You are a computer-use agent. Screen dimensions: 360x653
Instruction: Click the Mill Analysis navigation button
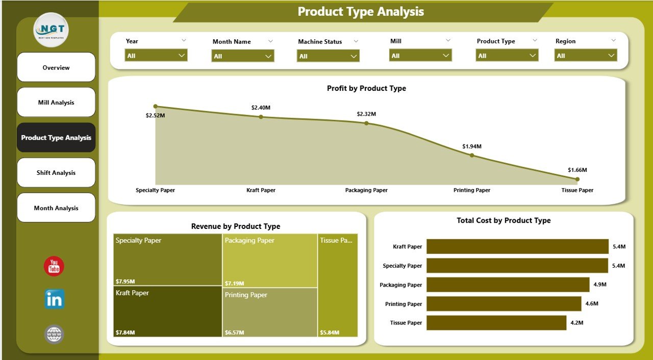[56, 102]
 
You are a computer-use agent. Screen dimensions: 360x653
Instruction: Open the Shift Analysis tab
[56, 173]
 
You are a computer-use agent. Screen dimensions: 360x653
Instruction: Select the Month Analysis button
[56, 208]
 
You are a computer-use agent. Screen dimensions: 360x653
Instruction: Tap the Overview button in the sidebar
[56, 67]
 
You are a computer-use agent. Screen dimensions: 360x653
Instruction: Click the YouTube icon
[54, 266]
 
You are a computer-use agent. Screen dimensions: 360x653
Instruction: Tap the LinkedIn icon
[54, 299]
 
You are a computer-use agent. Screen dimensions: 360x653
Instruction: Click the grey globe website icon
[54, 335]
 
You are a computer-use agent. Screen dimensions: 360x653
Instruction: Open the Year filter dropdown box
[156, 56]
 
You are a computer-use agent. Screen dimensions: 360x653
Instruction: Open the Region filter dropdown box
[586, 56]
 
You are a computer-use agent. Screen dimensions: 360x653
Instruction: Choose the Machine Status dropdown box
[328, 56]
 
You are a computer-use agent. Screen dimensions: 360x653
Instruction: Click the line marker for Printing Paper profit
[472, 155]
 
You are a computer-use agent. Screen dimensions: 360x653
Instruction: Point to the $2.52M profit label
[155, 116]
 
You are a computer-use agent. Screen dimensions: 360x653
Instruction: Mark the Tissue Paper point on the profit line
[577, 179]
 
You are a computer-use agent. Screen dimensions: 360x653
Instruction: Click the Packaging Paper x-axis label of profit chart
[366, 190]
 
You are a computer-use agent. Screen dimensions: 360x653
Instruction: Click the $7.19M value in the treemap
[234, 283]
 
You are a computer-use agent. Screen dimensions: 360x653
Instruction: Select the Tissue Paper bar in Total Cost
[496, 323]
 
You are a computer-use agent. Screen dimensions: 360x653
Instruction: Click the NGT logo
[51, 30]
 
